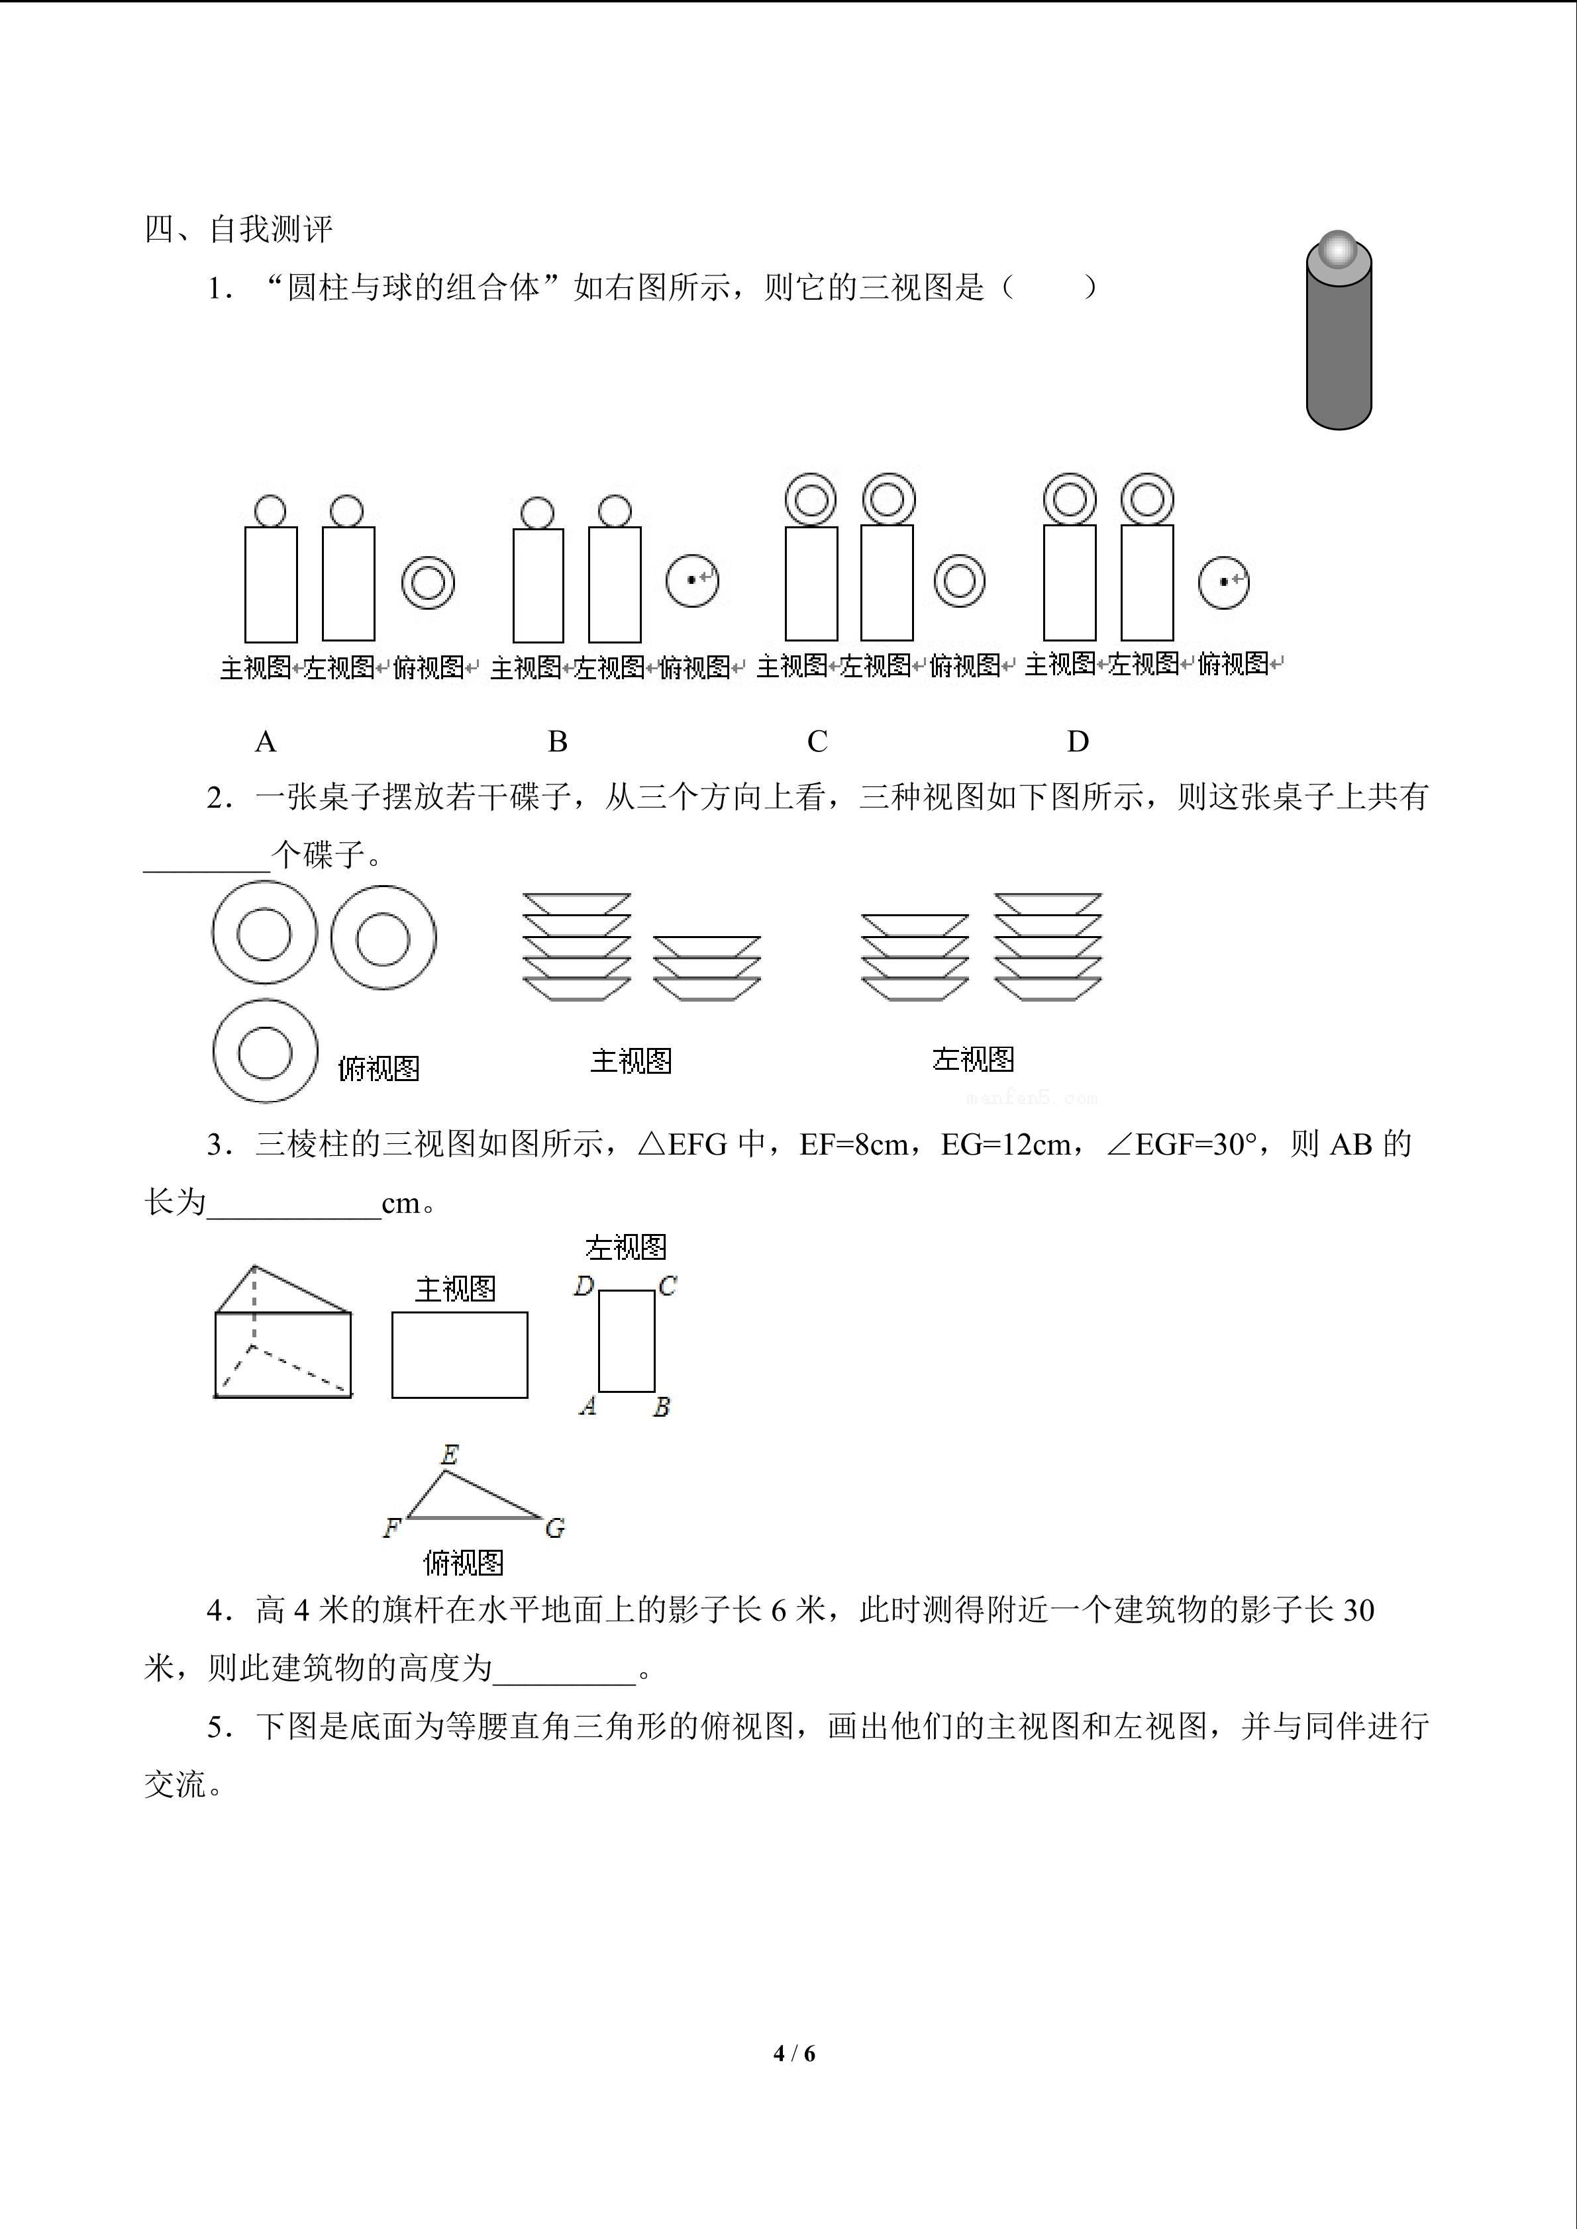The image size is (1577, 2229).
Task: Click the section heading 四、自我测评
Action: click(x=239, y=229)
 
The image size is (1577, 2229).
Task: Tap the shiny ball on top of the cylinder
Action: click(x=1338, y=250)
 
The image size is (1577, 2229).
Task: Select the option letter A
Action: click(x=265, y=741)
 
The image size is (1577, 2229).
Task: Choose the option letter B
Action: click(x=558, y=741)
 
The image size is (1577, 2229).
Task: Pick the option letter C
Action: click(x=817, y=741)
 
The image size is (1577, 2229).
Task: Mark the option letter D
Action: click(x=1078, y=741)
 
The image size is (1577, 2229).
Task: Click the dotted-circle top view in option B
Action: click(x=692, y=581)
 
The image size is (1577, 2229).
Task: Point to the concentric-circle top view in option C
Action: click(x=960, y=581)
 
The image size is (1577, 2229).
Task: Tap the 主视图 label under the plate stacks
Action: click(x=631, y=1060)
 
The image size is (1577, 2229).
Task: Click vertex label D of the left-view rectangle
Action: click(x=583, y=1286)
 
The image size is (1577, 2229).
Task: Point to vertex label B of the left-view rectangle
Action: click(x=661, y=1407)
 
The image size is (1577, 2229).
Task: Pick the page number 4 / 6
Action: click(x=794, y=2054)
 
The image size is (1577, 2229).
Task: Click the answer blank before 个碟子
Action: click(x=207, y=869)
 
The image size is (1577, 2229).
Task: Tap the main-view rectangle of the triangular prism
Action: click(x=459, y=1355)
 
